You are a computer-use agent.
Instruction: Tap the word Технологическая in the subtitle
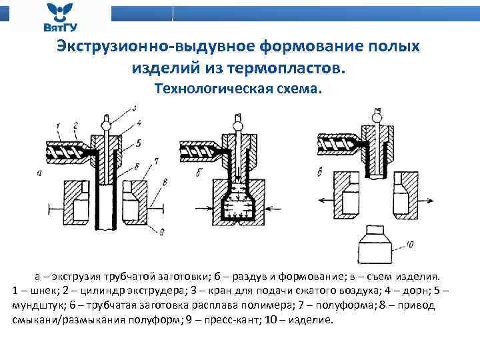(209, 89)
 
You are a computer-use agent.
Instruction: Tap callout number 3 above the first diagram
(135, 108)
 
